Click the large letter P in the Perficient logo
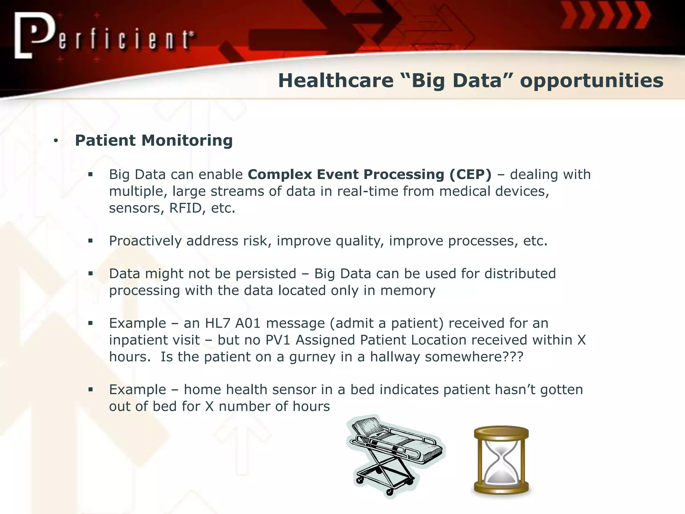(x=37, y=33)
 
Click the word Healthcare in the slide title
(x=335, y=81)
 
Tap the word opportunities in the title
(x=591, y=81)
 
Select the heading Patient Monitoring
(x=154, y=141)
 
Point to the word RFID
(x=188, y=208)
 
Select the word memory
(x=408, y=290)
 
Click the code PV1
(x=278, y=340)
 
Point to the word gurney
(x=312, y=357)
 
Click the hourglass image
(x=501, y=460)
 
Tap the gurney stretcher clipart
(x=395, y=455)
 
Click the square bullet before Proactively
(x=90, y=241)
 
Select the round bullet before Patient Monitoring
(x=56, y=141)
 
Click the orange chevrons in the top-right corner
(x=605, y=15)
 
